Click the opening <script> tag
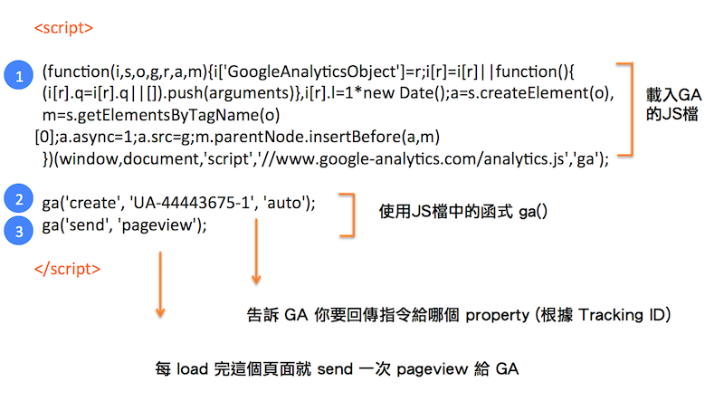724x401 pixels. pyautogui.click(x=63, y=28)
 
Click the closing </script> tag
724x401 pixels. pyautogui.click(x=67, y=269)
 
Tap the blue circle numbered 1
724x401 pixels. pyautogui.click(x=18, y=75)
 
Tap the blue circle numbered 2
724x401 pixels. pyautogui.click(x=18, y=198)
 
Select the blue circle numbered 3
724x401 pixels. pyautogui.click(x=18, y=231)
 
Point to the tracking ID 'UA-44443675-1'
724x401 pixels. pyautogui.click(x=193, y=203)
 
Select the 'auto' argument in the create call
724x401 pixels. pyautogui.click(x=284, y=204)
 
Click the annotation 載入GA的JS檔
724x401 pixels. pyautogui.click(x=673, y=104)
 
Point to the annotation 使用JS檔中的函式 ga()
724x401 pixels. pyautogui.click(x=463, y=212)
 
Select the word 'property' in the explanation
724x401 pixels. pyautogui.click(x=497, y=316)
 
